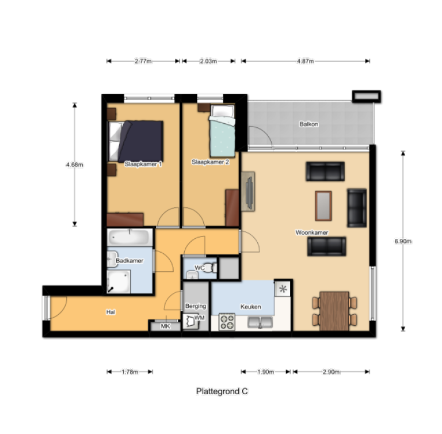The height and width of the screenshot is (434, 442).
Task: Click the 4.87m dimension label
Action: pos(305,61)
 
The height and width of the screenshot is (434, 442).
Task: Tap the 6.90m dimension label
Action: pos(403,241)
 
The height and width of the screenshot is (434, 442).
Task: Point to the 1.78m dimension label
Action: pos(130,372)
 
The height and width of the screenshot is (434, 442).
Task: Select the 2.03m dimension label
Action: pos(208,61)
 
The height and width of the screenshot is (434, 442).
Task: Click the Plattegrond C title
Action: pos(222,391)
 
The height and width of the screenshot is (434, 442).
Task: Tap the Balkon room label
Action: pos(309,124)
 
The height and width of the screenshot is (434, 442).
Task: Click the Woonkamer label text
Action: pos(312,233)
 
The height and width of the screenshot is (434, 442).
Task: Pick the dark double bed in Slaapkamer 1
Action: pos(136,141)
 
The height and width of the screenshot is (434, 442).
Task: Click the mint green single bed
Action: pos(222,131)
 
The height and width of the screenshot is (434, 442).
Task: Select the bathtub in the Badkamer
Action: pos(129,238)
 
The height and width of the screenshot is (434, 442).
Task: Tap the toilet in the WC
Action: pos(211,268)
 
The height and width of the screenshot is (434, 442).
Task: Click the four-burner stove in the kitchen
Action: pos(227,322)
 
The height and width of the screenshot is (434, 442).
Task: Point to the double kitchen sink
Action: pos(260,322)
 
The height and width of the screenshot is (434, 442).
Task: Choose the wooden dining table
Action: pos(334,311)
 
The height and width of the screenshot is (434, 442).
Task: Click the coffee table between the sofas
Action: pos(323,206)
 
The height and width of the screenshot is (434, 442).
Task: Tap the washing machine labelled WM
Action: pos(191,322)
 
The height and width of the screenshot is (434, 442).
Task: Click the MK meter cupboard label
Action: pos(166,326)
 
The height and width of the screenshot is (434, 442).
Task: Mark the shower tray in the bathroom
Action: pos(119,282)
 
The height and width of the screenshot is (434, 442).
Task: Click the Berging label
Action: pos(196,306)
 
